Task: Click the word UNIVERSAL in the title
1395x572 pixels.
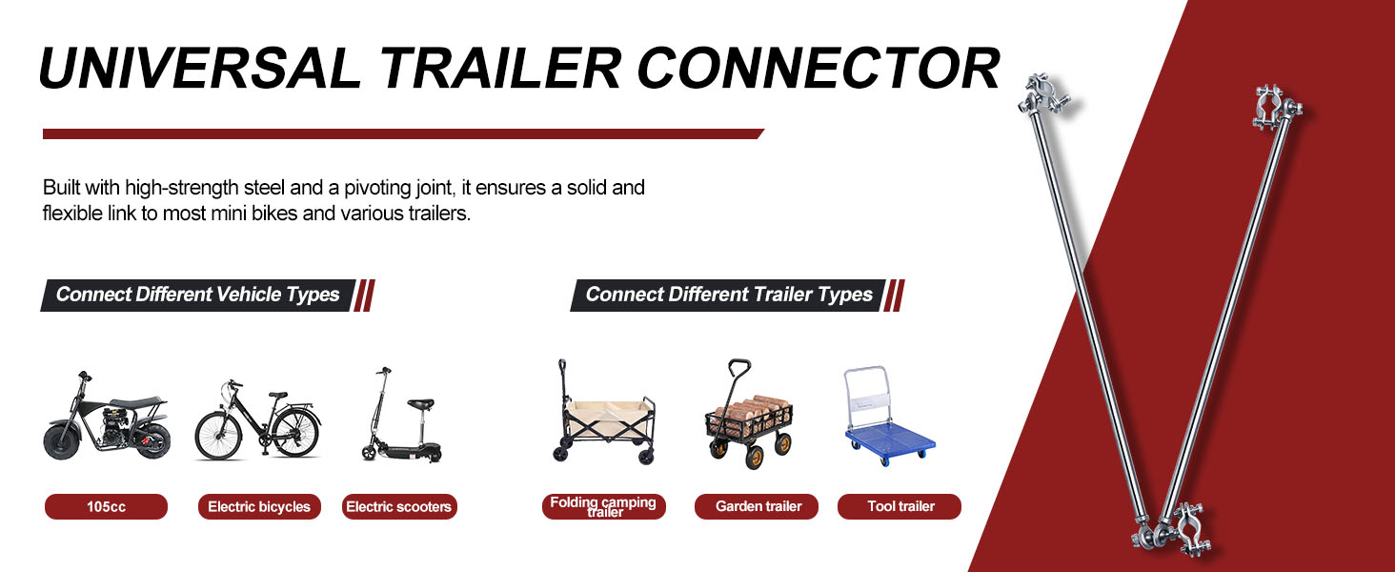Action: tap(200, 68)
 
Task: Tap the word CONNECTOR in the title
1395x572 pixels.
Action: tap(819, 68)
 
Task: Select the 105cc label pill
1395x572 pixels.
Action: tap(106, 506)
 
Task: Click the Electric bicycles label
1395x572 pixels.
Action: tap(259, 506)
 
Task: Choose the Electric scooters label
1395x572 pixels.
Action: tap(399, 506)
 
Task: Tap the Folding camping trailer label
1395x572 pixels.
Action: tap(603, 506)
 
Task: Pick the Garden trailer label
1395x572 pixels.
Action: tap(756, 506)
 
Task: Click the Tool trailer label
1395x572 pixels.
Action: tap(900, 506)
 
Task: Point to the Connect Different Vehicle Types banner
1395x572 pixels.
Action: tap(198, 295)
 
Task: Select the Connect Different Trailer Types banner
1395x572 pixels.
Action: tap(728, 295)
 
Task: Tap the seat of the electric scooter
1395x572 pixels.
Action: tap(420, 405)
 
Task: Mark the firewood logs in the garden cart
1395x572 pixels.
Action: tap(753, 410)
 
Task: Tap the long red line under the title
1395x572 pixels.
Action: tap(404, 134)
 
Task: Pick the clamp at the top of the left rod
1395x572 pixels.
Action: tap(1043, 94)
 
